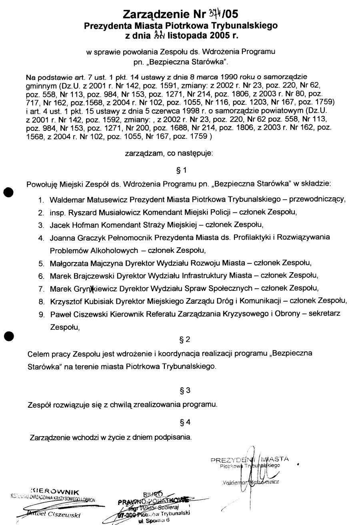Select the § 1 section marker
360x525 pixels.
coord(182,170)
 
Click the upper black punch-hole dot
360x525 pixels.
coord(7,191)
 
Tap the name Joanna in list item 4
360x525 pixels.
coord(61,238)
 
